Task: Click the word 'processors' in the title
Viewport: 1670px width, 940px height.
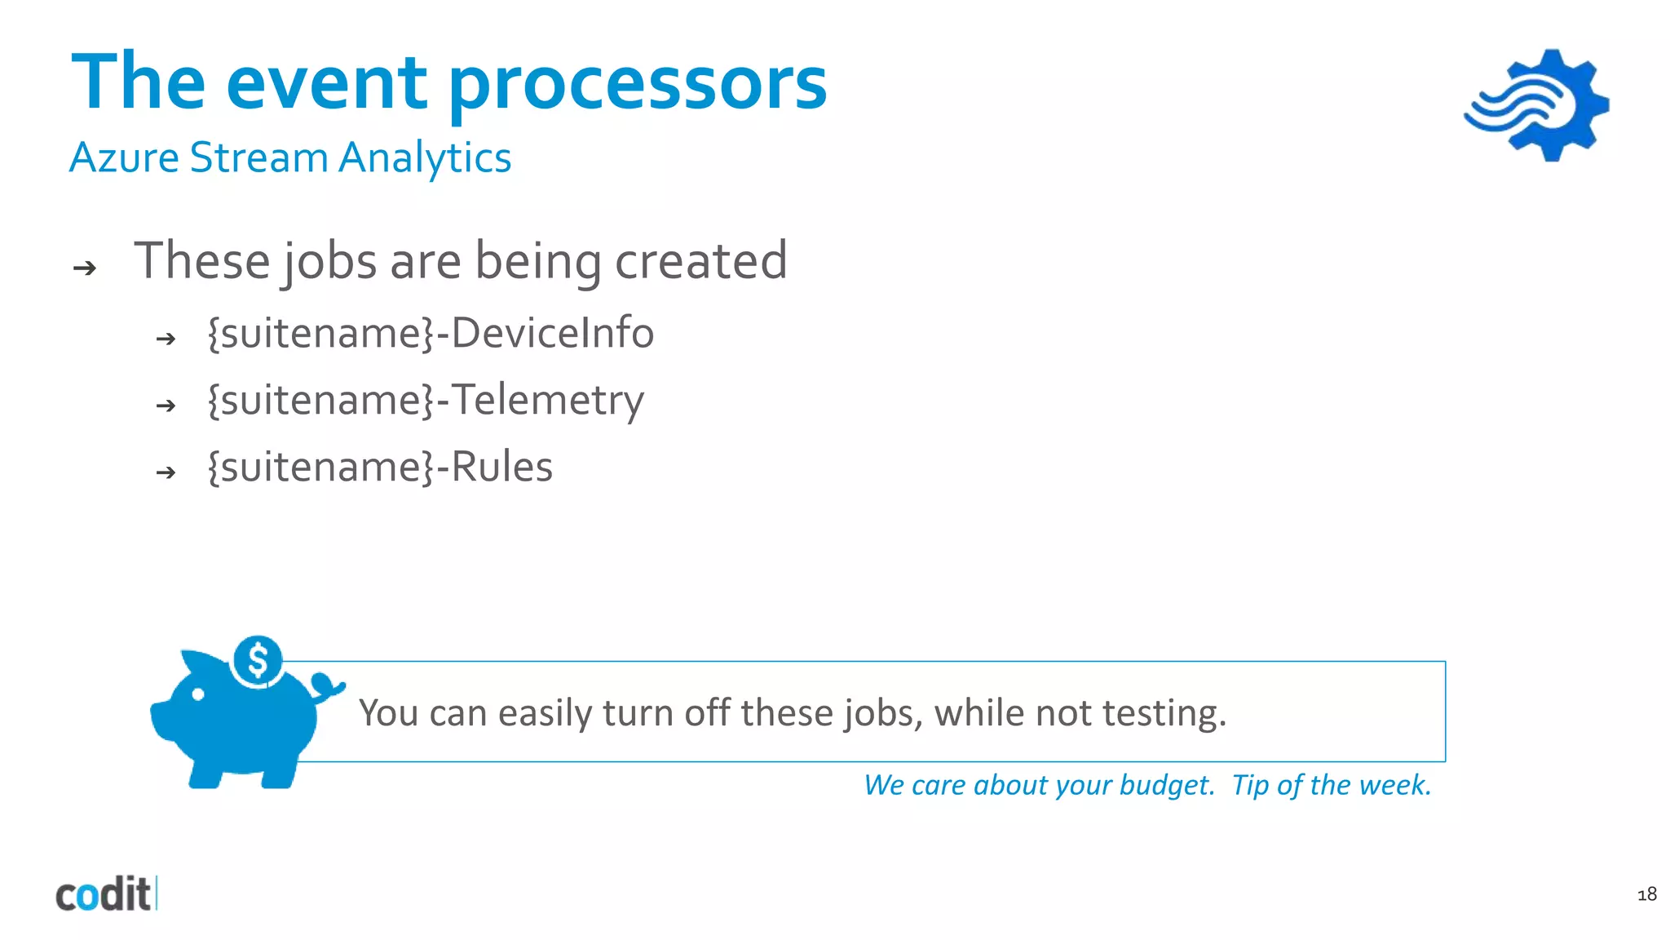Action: pyautogui.click(x=638, y=84)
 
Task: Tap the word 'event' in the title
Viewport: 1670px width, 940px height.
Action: pyautogui.click(x=326, y=84)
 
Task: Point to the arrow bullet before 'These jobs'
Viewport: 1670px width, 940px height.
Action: pyautogui.click(x=85, y=268)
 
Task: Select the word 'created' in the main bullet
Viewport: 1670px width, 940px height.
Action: pyautogui.click(x=700, y=261)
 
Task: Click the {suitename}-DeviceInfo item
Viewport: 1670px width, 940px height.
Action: pyautogui.click(x=431, y=333)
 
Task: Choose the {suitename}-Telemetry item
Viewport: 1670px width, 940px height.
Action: pyautogui.click(x=426, y=400)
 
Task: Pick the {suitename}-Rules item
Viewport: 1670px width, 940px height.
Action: pyautogui.click(x=380, y=467)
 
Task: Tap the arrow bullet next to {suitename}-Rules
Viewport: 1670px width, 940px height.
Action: pyautogui.click(x=166, y=472)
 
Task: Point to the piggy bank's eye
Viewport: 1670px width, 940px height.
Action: pyautogui.click(x=198, y=695)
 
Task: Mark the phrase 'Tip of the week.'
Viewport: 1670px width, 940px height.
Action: pyautogui.click(x=1331, y=785)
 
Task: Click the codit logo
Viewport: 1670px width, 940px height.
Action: pyautogui.click(x=104, y=895)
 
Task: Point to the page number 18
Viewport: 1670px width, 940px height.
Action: pyautogui.click(x=1646, y=894)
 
